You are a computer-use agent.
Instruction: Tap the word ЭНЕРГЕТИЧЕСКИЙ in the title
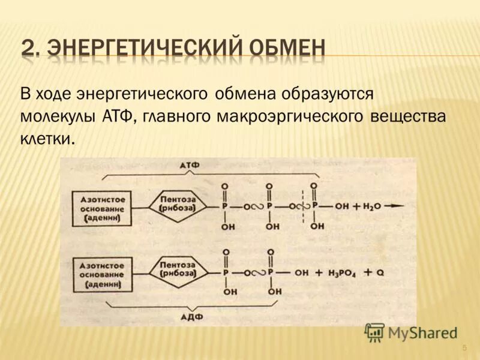pyautogui.click(x=136, y=47)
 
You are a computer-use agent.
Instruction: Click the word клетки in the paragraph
pyautogui.click(x=48, y=139)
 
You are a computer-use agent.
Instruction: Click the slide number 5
pyautogui.click(x=464, y=349)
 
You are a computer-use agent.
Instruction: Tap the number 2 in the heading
pyautogui.click(x=28, y=47)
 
